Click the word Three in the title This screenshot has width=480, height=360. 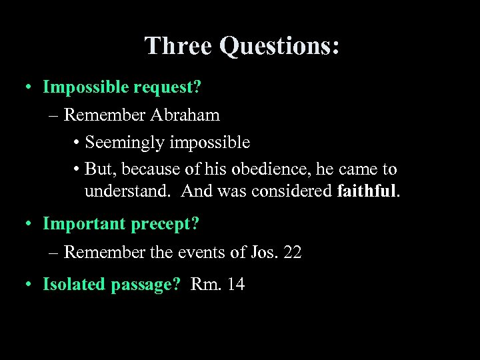click(x=178, y=45)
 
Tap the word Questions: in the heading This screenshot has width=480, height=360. click(x=279, y=45)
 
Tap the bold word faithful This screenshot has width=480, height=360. click(x=367, y=191)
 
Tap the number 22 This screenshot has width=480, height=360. click(x=291, y=252)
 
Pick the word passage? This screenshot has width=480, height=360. click(x=147, y=285)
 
